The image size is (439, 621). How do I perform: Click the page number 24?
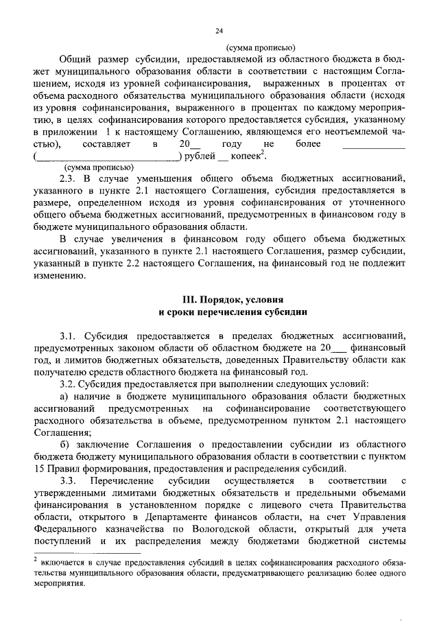pos(219,30)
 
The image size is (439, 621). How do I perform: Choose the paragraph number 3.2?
pos(69,383)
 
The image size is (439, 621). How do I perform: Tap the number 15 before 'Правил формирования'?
pos(38,469)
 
